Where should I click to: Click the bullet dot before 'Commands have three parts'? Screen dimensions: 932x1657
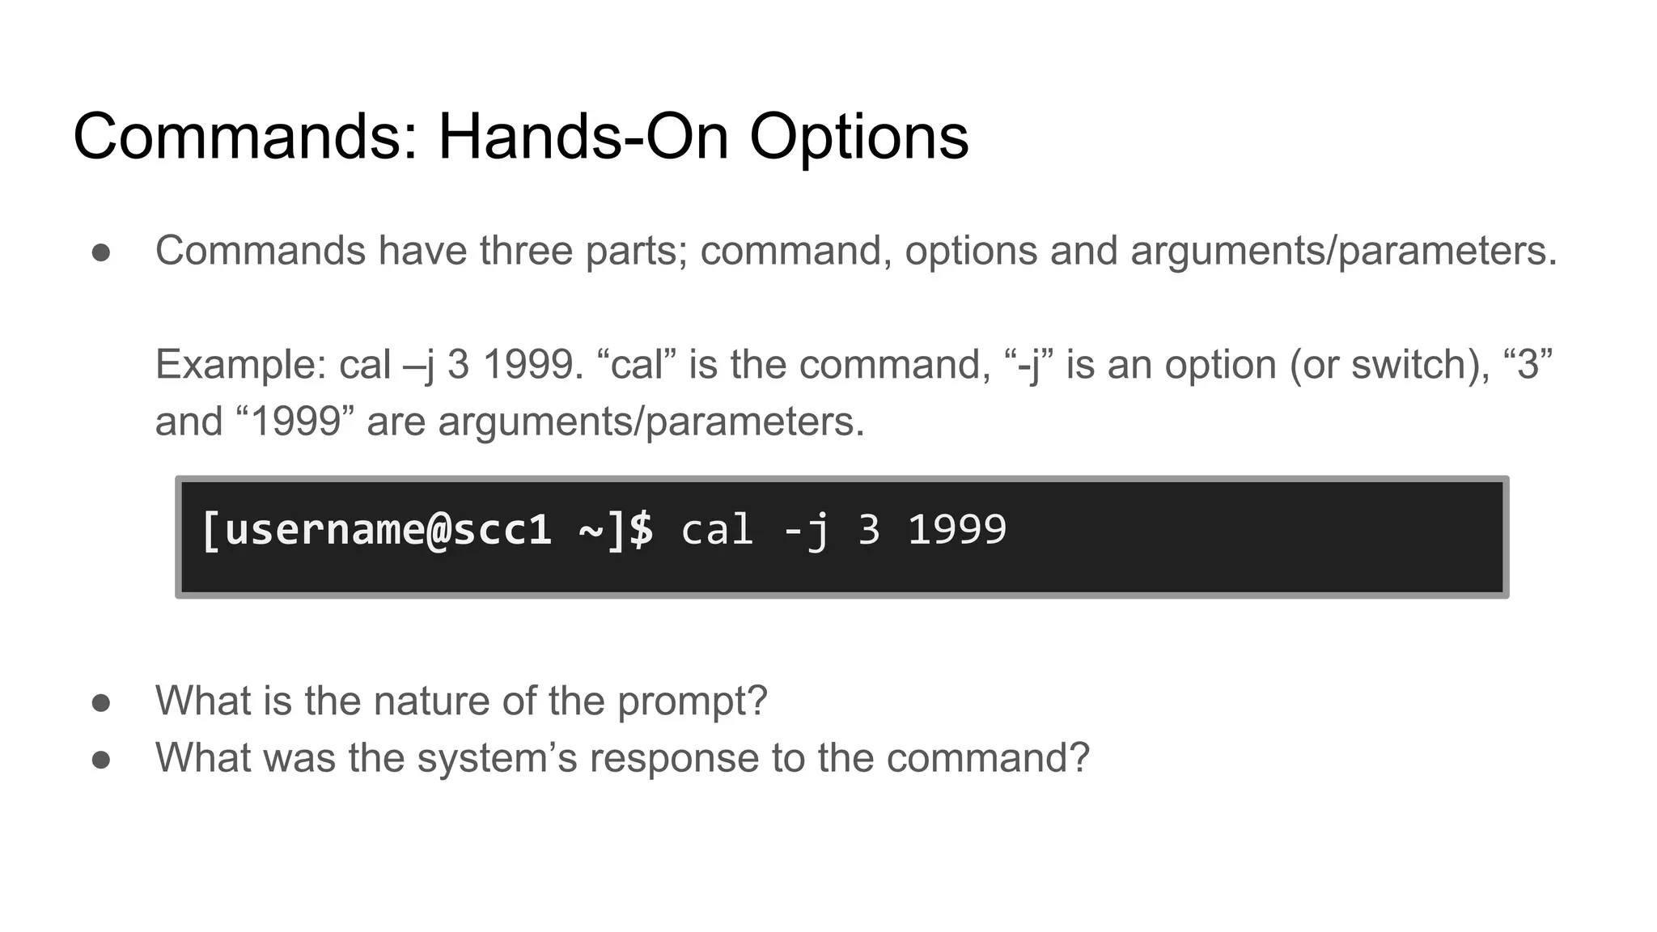point(101,252)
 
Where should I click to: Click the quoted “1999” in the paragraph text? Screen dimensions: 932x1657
point(295,422)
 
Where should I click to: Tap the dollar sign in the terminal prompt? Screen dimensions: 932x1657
point(641,531)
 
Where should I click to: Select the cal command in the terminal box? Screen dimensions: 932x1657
point(717,531)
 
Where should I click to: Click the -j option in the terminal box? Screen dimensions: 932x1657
point(806,531)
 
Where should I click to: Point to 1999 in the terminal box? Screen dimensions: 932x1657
point(957,531)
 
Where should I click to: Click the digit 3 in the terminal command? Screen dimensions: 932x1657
point(868,531)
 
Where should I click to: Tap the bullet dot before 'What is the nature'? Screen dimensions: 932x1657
point(101,702)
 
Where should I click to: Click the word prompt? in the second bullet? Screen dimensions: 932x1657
point(692,702)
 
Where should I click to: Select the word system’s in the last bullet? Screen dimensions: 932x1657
point(497,759)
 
